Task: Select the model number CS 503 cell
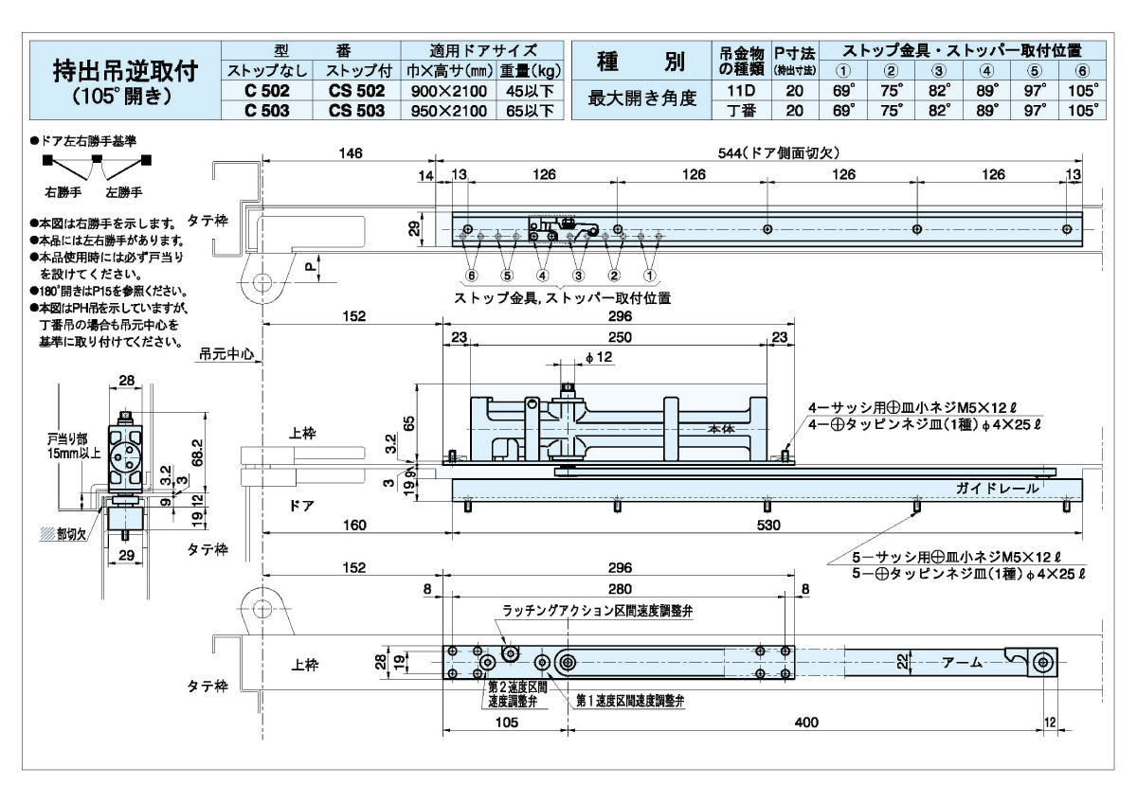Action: (356, 110)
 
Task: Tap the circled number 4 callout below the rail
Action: (543, 276)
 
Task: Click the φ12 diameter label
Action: (601, 357)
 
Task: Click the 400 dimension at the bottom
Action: (806, 723)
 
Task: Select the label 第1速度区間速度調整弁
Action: (630, 702)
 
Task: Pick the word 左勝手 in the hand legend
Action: (123, 192)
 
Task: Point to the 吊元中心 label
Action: (226, 354)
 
